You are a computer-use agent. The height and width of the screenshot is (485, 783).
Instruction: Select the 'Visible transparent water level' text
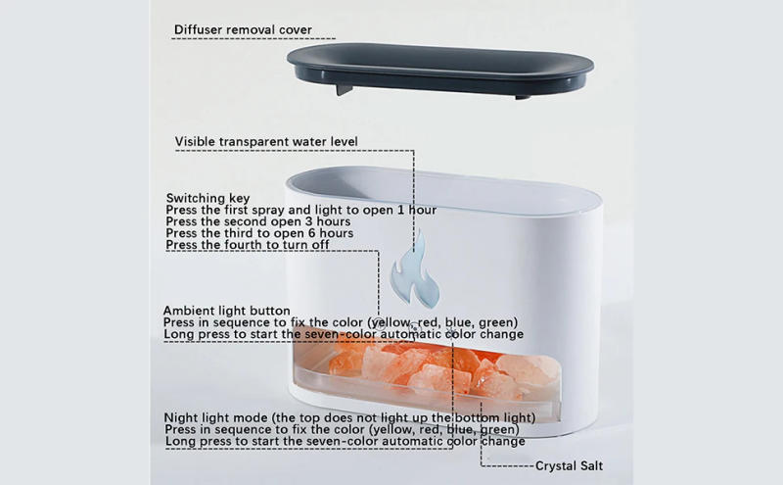pyautogui.click(x=266, y=142)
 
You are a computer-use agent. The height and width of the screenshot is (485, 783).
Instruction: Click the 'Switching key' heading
pyautogui.click(x=207, y=197)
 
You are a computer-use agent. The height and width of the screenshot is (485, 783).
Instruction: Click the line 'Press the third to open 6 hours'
pyautogui.click(x=258, y=233)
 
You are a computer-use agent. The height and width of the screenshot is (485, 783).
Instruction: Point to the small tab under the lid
pyautogui.click(x=343, y=90)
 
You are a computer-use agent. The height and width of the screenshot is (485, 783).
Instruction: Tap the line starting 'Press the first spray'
pyautogui.click(x=300, y=210)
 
